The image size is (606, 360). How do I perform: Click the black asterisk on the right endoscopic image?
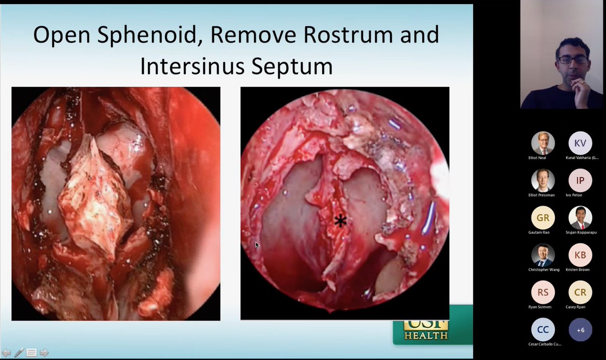pos(341,221)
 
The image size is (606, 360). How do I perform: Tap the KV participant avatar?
pos(580,143)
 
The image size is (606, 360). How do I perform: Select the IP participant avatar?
pos(580,180)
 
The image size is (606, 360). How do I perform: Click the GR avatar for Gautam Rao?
pos(543,218)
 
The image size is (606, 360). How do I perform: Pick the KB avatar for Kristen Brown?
pos(580,255)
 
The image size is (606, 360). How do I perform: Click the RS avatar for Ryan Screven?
pos(543,292)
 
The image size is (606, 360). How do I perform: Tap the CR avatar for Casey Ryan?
pos(580,292)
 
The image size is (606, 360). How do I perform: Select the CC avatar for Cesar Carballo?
pos(543,330)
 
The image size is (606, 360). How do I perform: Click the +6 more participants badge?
pos(580,330)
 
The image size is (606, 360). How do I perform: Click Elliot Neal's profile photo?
pos(543,143)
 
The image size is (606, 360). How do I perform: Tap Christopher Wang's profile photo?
pos(543,255)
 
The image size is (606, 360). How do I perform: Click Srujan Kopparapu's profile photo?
pos(580,218)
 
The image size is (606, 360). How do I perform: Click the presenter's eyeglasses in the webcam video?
pos(573,60)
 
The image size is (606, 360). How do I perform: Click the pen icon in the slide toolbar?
pos(19,352)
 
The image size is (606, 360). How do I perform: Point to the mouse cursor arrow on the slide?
pos(257,245)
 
